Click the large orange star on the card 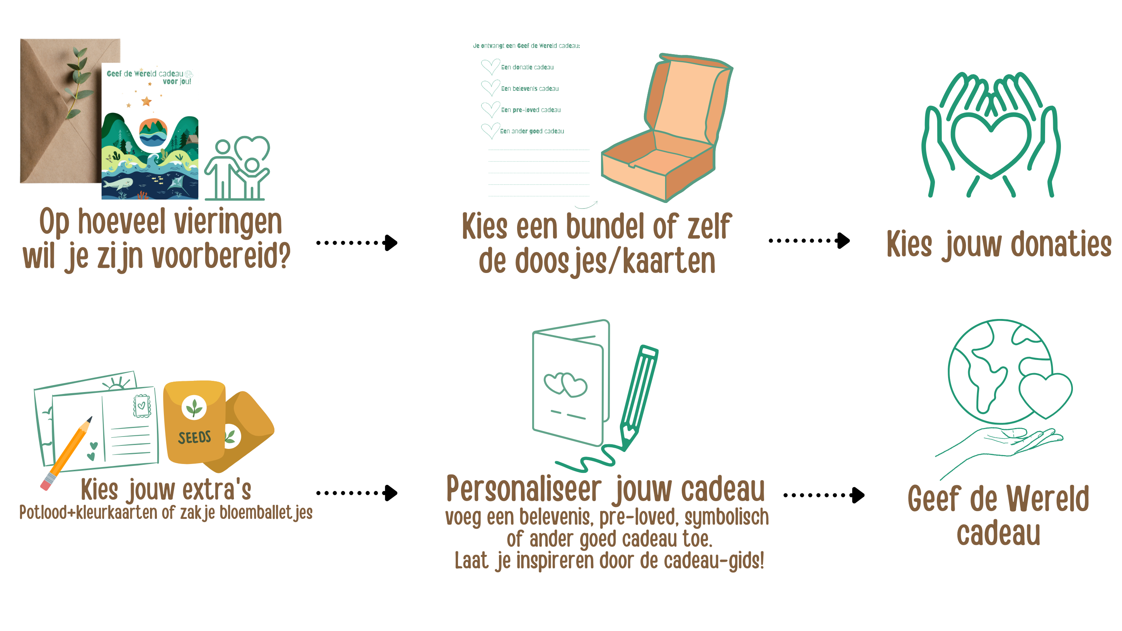(146, 102)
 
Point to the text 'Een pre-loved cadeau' (531, 110)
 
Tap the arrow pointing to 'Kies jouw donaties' (809, 240)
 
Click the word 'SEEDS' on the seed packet (194, 437)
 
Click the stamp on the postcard (142, 406)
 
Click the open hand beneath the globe (1002, 449)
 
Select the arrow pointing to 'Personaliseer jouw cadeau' (357, 493)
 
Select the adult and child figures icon (237, 168)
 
